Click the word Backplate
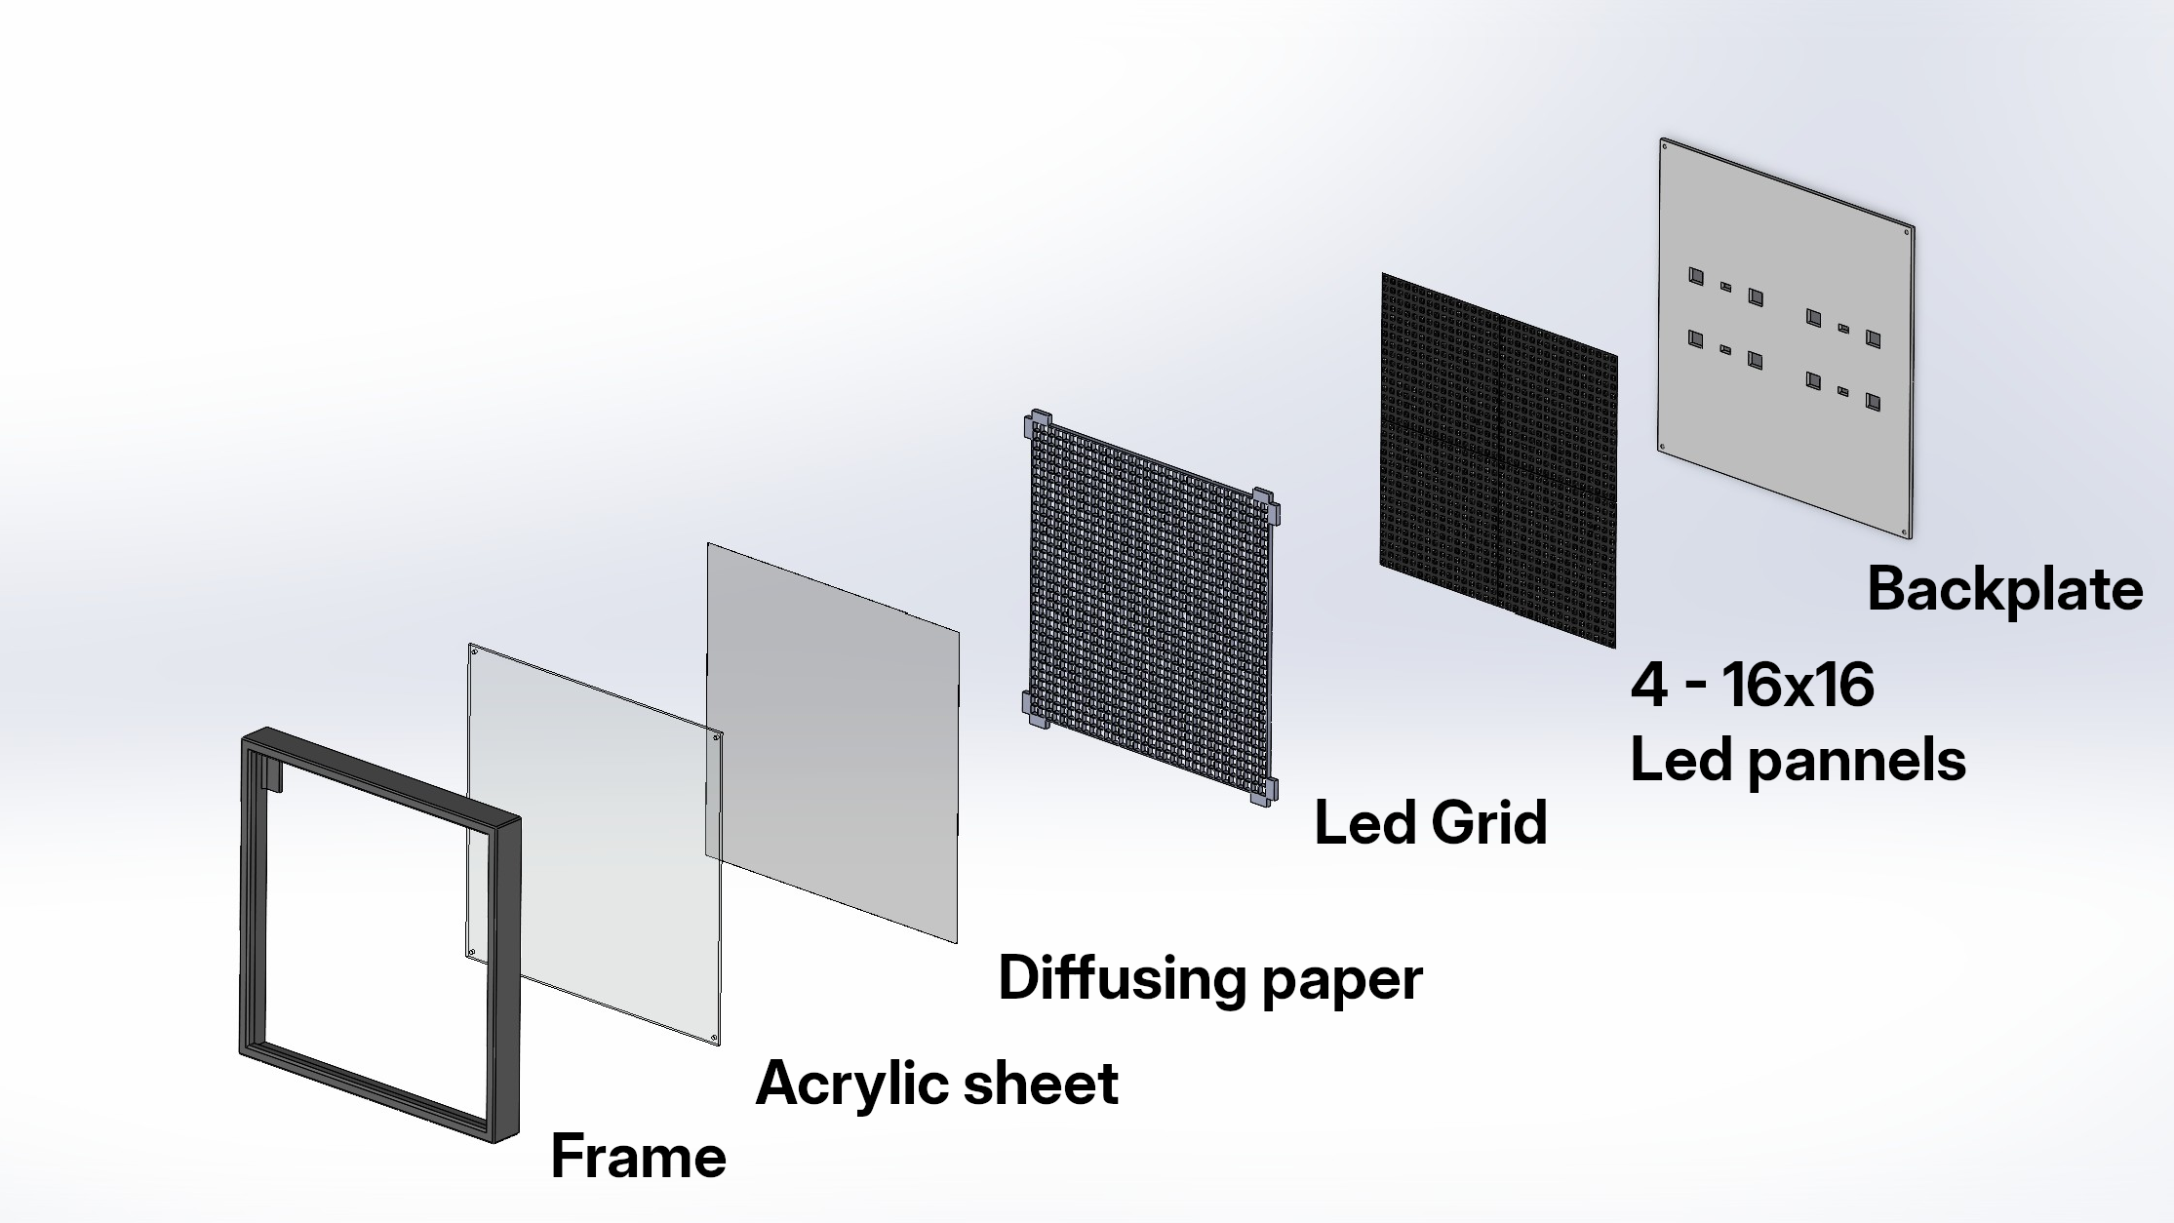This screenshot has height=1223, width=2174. (2004, 589)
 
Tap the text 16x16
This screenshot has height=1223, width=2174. (1798, 685)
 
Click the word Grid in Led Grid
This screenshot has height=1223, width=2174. (1489, 822)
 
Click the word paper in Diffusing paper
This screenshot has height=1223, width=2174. (1342, 982)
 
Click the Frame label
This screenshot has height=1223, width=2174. (639, 1157)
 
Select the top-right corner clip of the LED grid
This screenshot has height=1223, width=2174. (1266, 505)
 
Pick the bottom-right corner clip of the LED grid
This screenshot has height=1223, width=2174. (1264, 792)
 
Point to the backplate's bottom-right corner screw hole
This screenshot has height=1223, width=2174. (1906, 533)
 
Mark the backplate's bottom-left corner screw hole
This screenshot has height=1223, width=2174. (1664, 448)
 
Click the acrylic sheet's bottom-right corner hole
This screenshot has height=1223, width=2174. (714, 1038)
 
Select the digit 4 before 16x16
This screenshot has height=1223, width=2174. (1649, 685)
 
